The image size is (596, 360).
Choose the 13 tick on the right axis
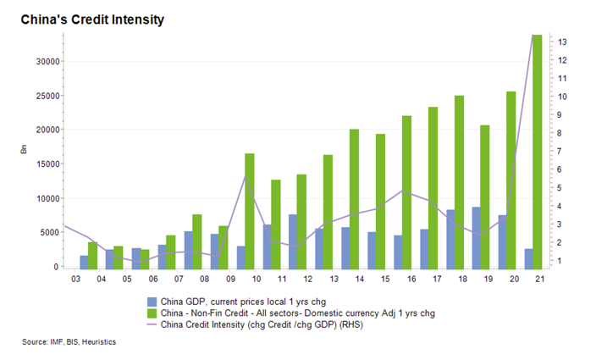tap(562, 42)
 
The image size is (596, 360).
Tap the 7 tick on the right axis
tap(560, 151)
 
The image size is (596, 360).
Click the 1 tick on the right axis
tap(560, 261)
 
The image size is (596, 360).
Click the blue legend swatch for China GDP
tap(152, 301)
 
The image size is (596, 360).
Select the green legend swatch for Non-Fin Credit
tap(152, 312)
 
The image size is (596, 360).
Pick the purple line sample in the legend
tap(152, 323)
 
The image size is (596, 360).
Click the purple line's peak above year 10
tap(245, 176)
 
